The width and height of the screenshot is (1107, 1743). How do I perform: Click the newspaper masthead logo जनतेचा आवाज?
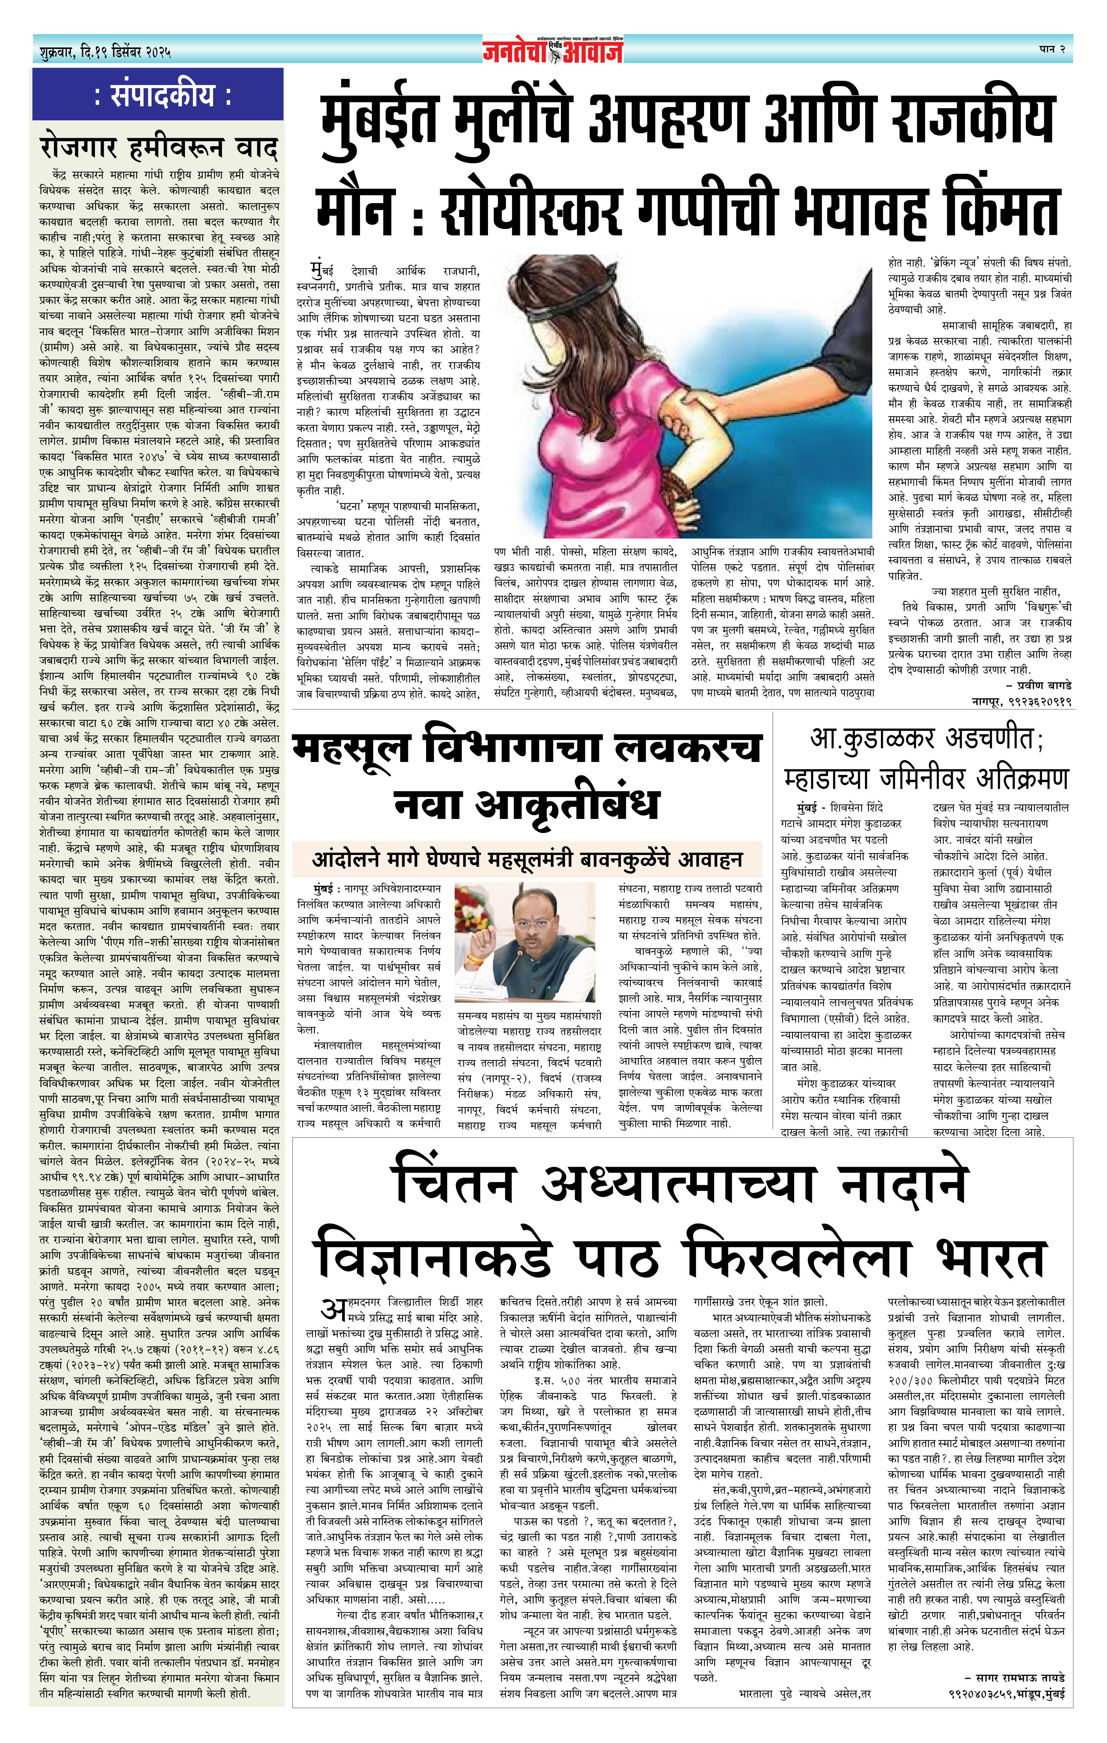tap(554, 50)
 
